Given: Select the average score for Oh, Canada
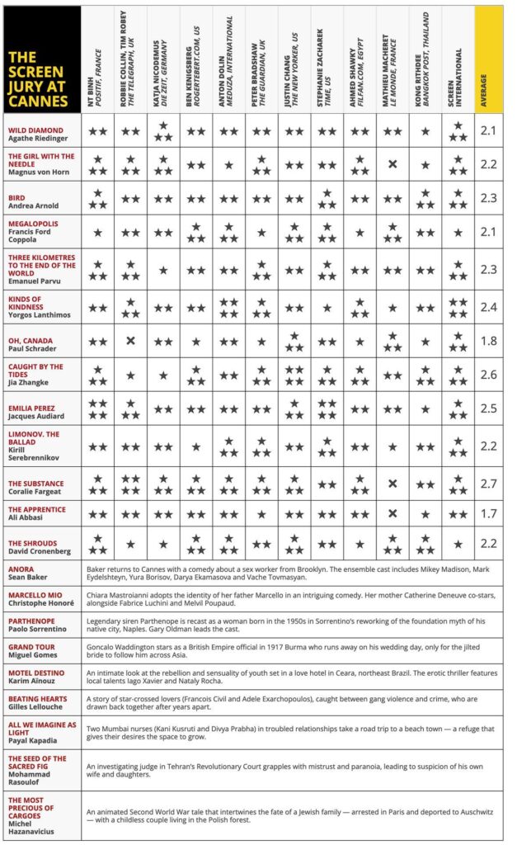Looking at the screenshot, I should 489,341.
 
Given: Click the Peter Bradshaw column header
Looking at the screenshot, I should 262,59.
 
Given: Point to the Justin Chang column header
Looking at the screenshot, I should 295,59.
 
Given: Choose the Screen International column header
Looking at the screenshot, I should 458,59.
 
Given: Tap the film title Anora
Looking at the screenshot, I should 21,569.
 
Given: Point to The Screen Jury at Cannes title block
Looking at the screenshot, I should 42,59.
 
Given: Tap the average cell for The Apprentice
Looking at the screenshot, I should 489,513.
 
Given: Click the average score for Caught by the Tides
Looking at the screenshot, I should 489,375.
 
